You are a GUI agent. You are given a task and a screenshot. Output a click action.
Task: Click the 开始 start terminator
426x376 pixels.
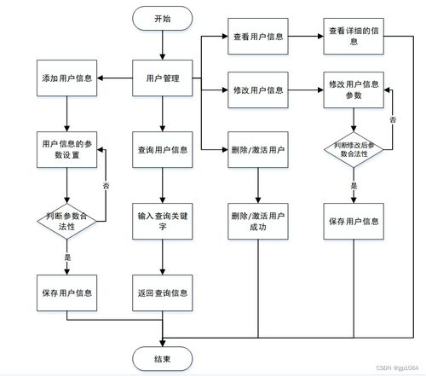[163, 18]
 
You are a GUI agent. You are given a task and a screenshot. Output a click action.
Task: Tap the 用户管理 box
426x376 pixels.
[163, 78]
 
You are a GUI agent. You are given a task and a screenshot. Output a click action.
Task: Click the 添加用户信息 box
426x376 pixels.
[66, 78]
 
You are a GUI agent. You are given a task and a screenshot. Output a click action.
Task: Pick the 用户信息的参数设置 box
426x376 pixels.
[66, 149]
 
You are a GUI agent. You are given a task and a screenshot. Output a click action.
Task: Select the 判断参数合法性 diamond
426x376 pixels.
[66, 222]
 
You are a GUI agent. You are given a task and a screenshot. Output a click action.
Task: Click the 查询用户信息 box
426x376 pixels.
[163, 149]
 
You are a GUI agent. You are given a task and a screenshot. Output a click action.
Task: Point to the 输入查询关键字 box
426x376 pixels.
[163, 222]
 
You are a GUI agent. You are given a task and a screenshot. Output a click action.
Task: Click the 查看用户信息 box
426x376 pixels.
[258, 38]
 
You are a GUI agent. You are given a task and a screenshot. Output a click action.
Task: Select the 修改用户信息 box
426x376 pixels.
[258, 89]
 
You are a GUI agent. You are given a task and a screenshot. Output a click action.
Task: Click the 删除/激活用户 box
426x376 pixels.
[258, 149]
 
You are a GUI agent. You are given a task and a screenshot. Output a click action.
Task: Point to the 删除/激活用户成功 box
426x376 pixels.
[258, 222]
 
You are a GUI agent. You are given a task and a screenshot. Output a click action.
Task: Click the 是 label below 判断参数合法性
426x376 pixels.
[66, 256]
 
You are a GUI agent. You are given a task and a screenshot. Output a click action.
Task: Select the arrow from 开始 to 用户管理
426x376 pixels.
[163, 44]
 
